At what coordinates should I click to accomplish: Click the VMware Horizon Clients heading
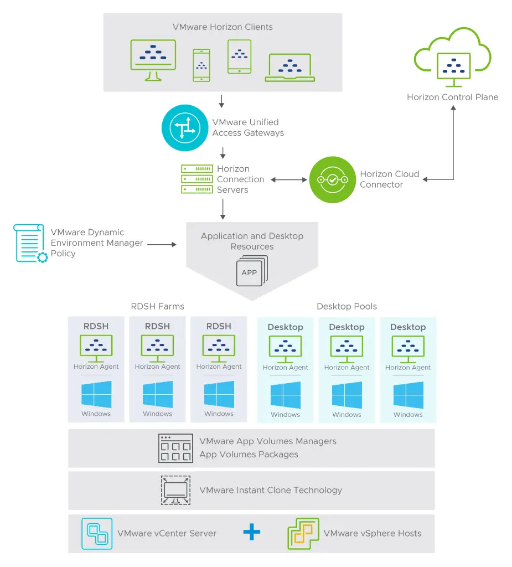[223, 27]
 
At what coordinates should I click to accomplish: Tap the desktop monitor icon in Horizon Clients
[152, 59]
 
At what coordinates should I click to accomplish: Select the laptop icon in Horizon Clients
[289, 68]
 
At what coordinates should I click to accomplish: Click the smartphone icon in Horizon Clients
[201, 65]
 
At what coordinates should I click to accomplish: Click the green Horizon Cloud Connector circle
[332, 179]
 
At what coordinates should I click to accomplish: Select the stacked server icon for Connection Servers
[197, 179]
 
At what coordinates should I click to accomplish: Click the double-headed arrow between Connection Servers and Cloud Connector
[289, 179]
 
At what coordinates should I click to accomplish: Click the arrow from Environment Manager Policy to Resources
[161, 244]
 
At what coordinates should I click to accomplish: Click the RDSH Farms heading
[157, 306]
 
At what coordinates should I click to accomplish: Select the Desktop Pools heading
[346, 306]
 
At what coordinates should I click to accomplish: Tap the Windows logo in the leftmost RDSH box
[96, 394]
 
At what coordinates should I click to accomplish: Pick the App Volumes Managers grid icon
[175, 448]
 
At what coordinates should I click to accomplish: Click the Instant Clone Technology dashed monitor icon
[175, 490]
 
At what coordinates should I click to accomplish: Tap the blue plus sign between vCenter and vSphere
[251, 533]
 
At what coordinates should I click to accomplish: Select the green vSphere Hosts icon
[303, 534]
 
